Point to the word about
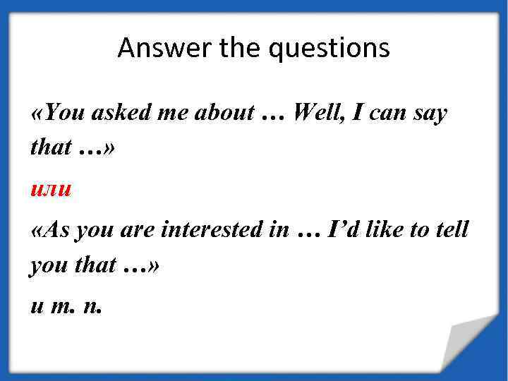pos(223,112)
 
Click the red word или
pos(51,189)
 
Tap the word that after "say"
pos(51,147)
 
